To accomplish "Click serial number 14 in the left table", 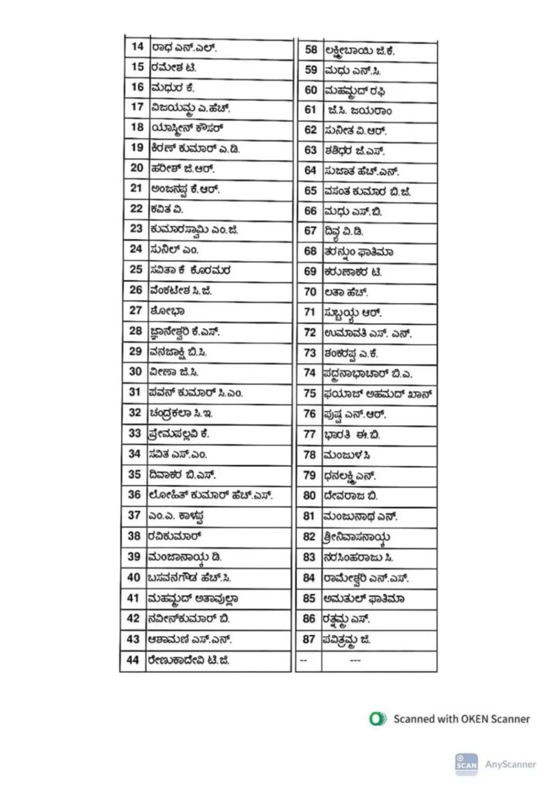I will tap(137, 47).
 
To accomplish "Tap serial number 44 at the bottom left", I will tap(133, 660).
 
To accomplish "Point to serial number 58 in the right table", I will tap(311, 50).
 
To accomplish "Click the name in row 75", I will tap(378, 393).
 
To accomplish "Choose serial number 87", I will tap(309, 640).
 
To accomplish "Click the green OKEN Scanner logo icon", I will tap(378, 718).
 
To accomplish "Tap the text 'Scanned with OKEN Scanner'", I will tap(462, 718).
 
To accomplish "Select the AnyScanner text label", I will tap(510, 764).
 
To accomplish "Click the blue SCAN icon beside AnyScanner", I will tap(466, 764).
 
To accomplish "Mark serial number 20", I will tap(137, 167).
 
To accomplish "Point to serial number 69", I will tap(311, 272).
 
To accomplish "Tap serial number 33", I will tap(134, 434).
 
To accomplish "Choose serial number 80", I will tap(310, 495).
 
